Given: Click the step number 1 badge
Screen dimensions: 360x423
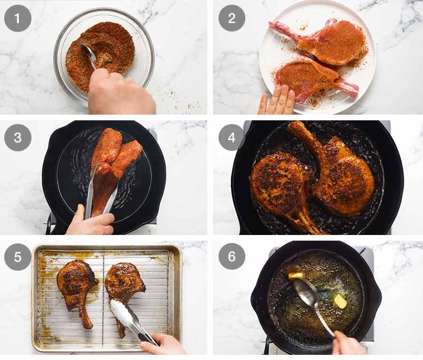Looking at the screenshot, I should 18,18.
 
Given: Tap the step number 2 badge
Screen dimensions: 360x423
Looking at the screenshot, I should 232,18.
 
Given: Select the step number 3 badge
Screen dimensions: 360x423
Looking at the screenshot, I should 18,138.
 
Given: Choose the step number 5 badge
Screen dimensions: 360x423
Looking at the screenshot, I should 18,257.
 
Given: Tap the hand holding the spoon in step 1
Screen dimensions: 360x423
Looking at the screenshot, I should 117,94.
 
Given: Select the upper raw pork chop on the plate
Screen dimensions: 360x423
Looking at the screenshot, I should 329,42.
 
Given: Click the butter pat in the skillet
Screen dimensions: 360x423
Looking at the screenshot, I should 340,301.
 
